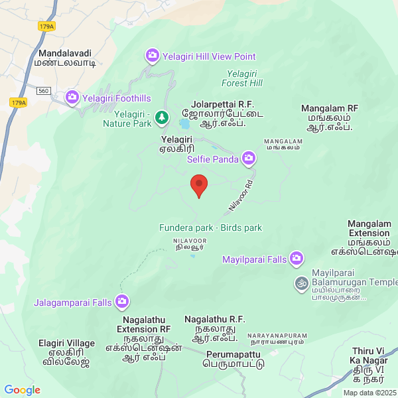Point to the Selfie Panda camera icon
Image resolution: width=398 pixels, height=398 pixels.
pos(249,158)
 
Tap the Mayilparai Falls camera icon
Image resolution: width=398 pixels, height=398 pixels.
pos(296,259)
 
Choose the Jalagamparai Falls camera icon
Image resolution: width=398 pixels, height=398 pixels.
pos(122,302)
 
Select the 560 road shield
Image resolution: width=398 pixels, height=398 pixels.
pos(44,90)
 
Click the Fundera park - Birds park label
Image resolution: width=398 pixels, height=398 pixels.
pos(210,228)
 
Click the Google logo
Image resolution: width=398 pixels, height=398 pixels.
pos(23,390)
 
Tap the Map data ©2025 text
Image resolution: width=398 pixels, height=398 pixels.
pos(369,392)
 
